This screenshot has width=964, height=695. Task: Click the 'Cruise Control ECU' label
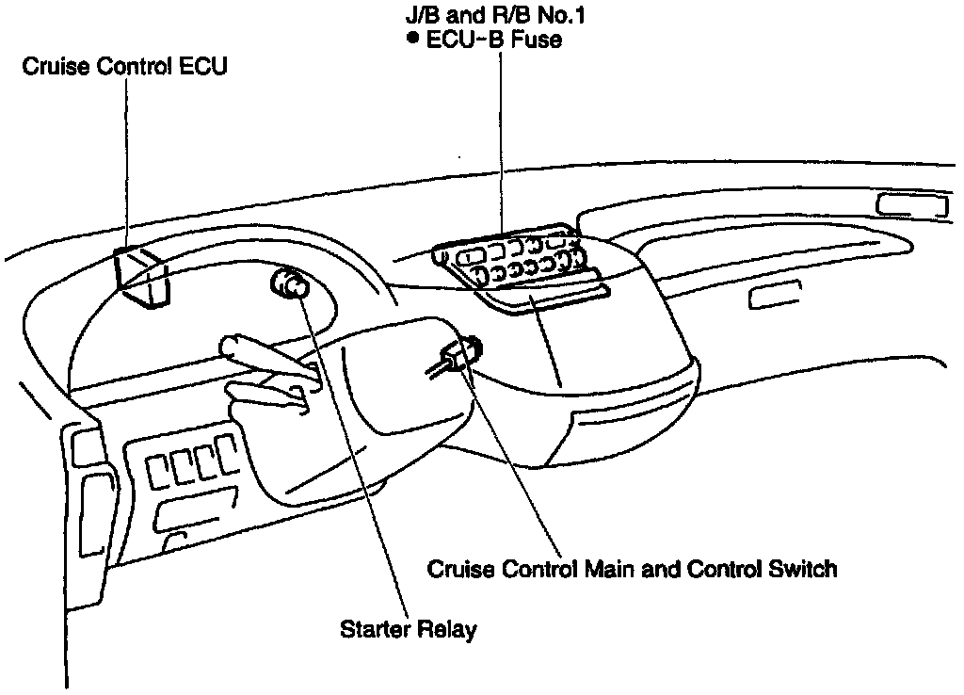pos(126,68)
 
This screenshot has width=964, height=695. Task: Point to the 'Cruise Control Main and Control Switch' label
pos(632,570)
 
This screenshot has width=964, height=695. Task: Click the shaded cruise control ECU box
pos(142,275)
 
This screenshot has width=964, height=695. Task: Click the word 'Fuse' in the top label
pos(539,40)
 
